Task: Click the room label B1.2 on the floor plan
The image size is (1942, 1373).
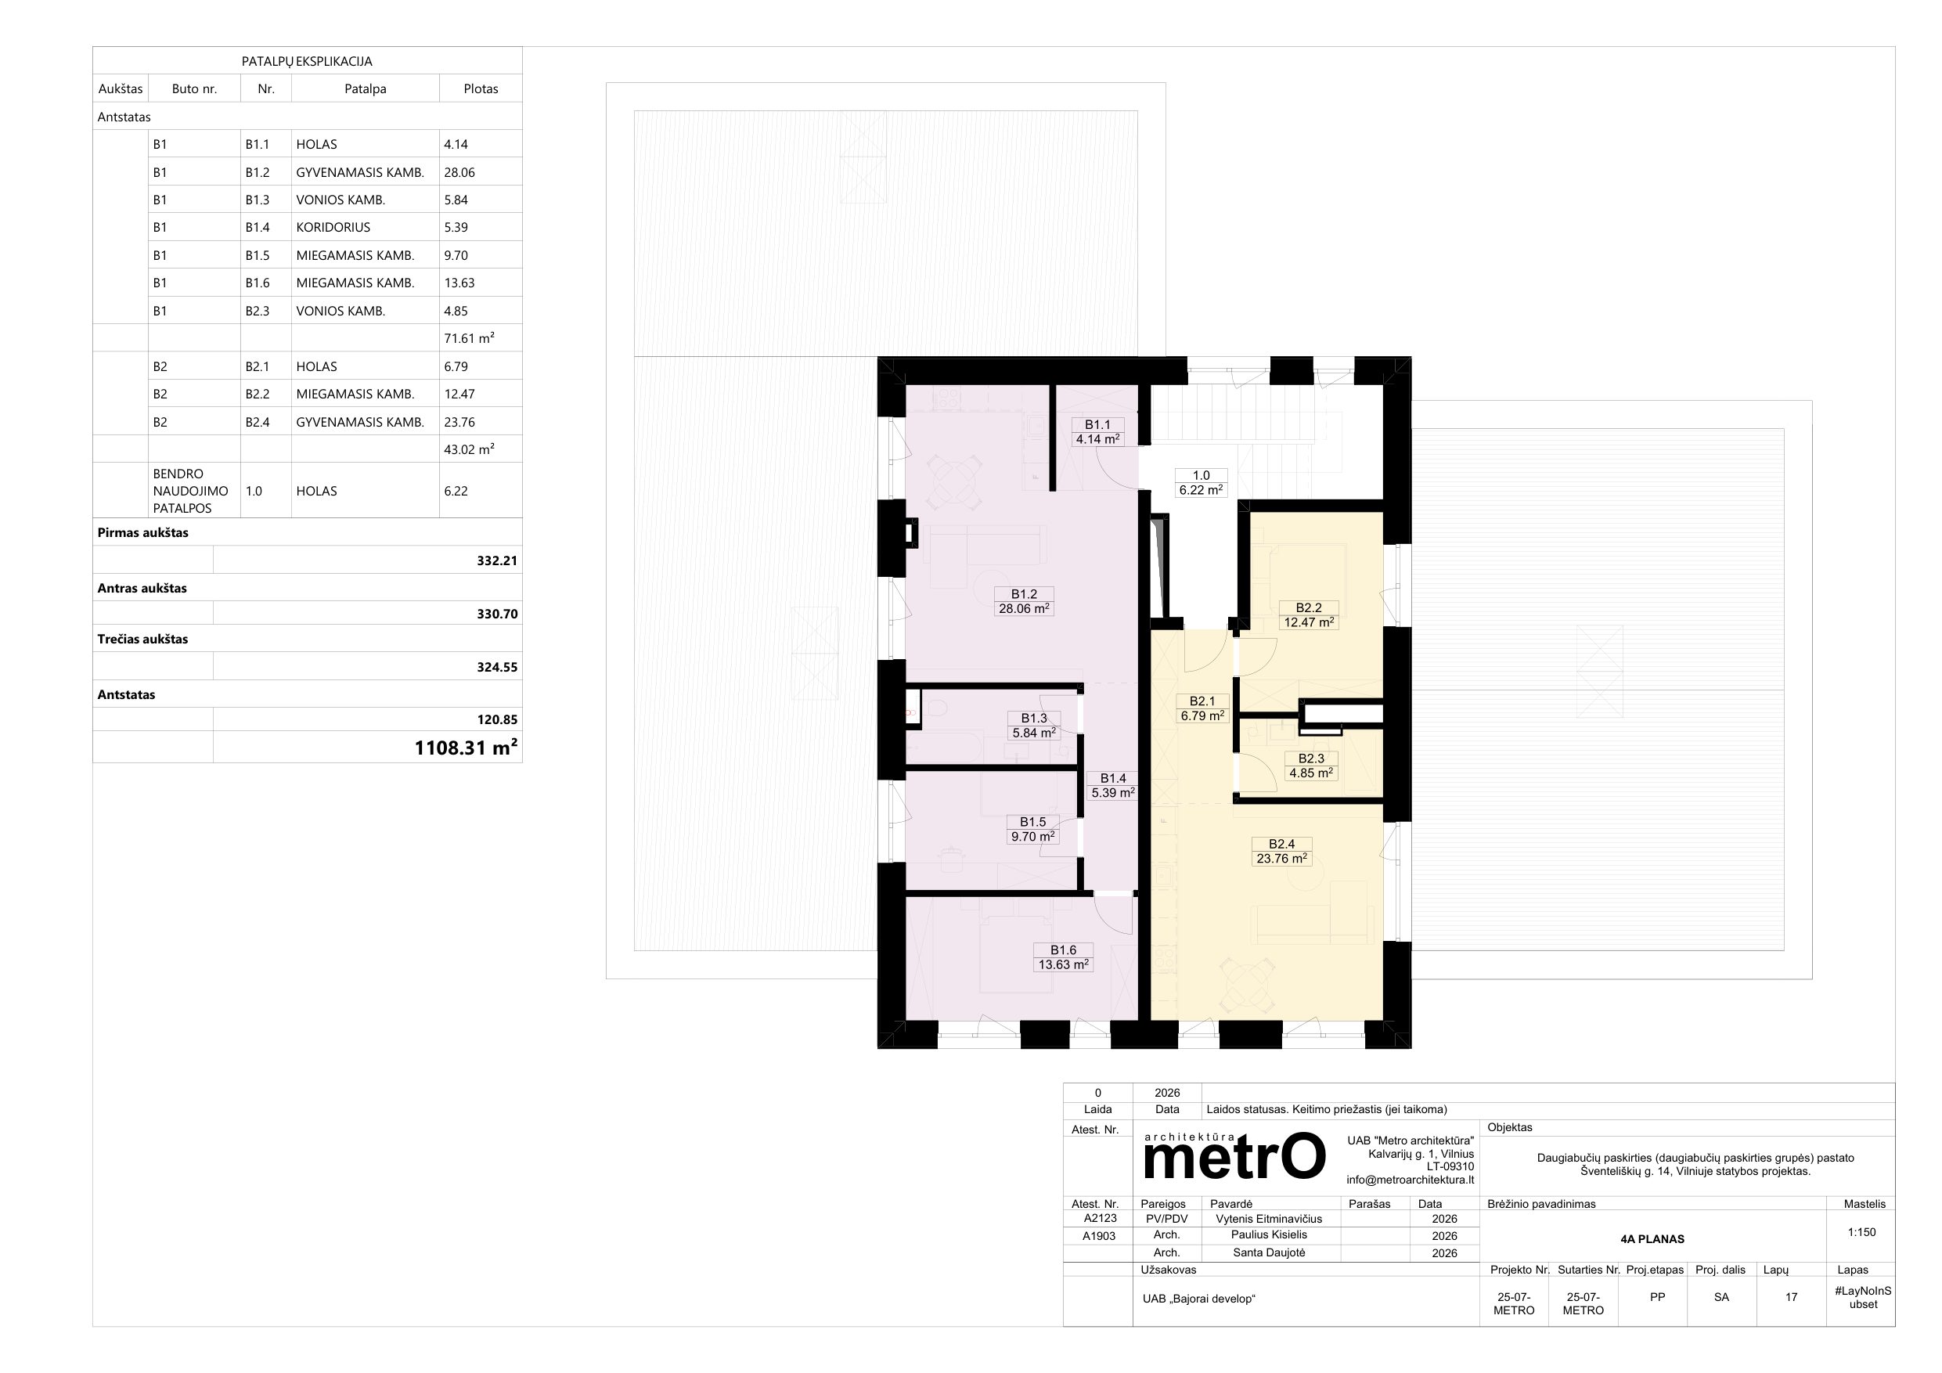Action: click(1023, 601)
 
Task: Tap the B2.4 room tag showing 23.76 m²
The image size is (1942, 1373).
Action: click(1281, 851)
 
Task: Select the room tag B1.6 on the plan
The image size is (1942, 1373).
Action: click(1063, 957)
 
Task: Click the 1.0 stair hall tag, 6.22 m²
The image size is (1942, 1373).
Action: click(1201, 482)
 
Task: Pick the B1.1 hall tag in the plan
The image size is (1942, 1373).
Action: click(1098, 431)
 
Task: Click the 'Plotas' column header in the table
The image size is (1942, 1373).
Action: click(481, 88)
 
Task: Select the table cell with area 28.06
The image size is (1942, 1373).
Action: click(459, 172)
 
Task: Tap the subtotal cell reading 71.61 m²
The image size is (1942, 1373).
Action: click(470, 338)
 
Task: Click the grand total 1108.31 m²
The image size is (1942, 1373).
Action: click(466, 747)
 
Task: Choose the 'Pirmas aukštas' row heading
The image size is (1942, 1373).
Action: click(143, 533)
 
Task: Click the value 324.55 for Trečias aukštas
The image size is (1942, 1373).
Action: click(497, 668)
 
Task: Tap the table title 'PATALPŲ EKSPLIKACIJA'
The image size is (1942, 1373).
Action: click(307, 62)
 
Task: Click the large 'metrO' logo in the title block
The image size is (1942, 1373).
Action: click(1234, 1155)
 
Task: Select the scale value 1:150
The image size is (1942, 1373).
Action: click(1861, 1233)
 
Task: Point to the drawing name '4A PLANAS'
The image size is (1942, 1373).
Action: click(1652, 1239)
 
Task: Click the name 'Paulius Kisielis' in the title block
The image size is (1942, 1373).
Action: click(1270, 1235)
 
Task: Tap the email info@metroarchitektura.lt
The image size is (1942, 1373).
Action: click(1410, 1180)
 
